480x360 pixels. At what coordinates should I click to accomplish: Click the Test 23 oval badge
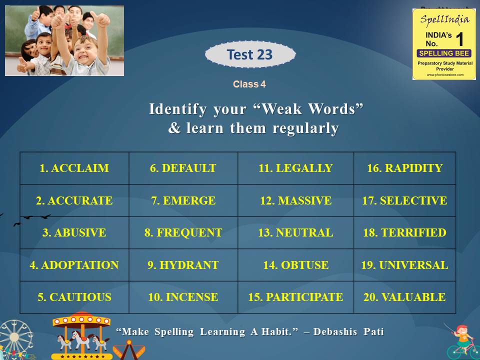[x=250, y=54]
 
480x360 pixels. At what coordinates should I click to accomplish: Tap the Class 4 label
[x=249, y=84]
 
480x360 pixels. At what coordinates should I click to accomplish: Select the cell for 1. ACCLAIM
[x=74, y=168]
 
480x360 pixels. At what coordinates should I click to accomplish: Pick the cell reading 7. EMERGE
[x=183, y=200]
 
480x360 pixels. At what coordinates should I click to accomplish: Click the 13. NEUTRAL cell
[x=295, y=232]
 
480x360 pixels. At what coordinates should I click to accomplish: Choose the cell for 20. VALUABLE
[x=404, y=297]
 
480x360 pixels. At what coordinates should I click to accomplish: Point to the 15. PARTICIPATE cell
[x=295, y=297]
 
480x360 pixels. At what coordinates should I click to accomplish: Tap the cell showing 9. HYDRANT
[x=183, y=265]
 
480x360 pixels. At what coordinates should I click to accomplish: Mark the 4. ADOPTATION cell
[x=74, y=265]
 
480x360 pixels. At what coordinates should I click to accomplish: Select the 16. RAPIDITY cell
[x=404, y=168]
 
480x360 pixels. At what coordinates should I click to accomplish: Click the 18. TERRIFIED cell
[x=404, y=232]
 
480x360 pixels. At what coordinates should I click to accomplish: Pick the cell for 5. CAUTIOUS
[x=74, y=297]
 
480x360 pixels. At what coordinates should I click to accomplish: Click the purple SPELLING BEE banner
[x=444, y=53]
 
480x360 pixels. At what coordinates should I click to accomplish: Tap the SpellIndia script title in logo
[x=444, y=19]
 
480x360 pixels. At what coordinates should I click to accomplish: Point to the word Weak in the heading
[x=281, y=109]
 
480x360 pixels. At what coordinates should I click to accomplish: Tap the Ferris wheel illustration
[x=15, y=339]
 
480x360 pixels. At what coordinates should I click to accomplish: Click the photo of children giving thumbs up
[x=64, y=40]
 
